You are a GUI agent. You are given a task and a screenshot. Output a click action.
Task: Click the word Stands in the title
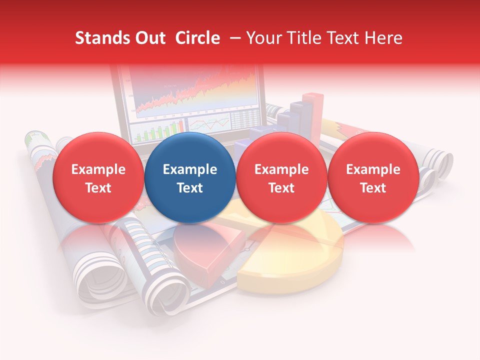click(99, 38)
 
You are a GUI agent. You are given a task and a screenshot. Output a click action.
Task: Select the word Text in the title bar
click(344, 38)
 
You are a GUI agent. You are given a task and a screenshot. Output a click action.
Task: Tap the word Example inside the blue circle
click(189, 169)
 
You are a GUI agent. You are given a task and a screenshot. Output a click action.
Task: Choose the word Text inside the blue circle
click(189, 188)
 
